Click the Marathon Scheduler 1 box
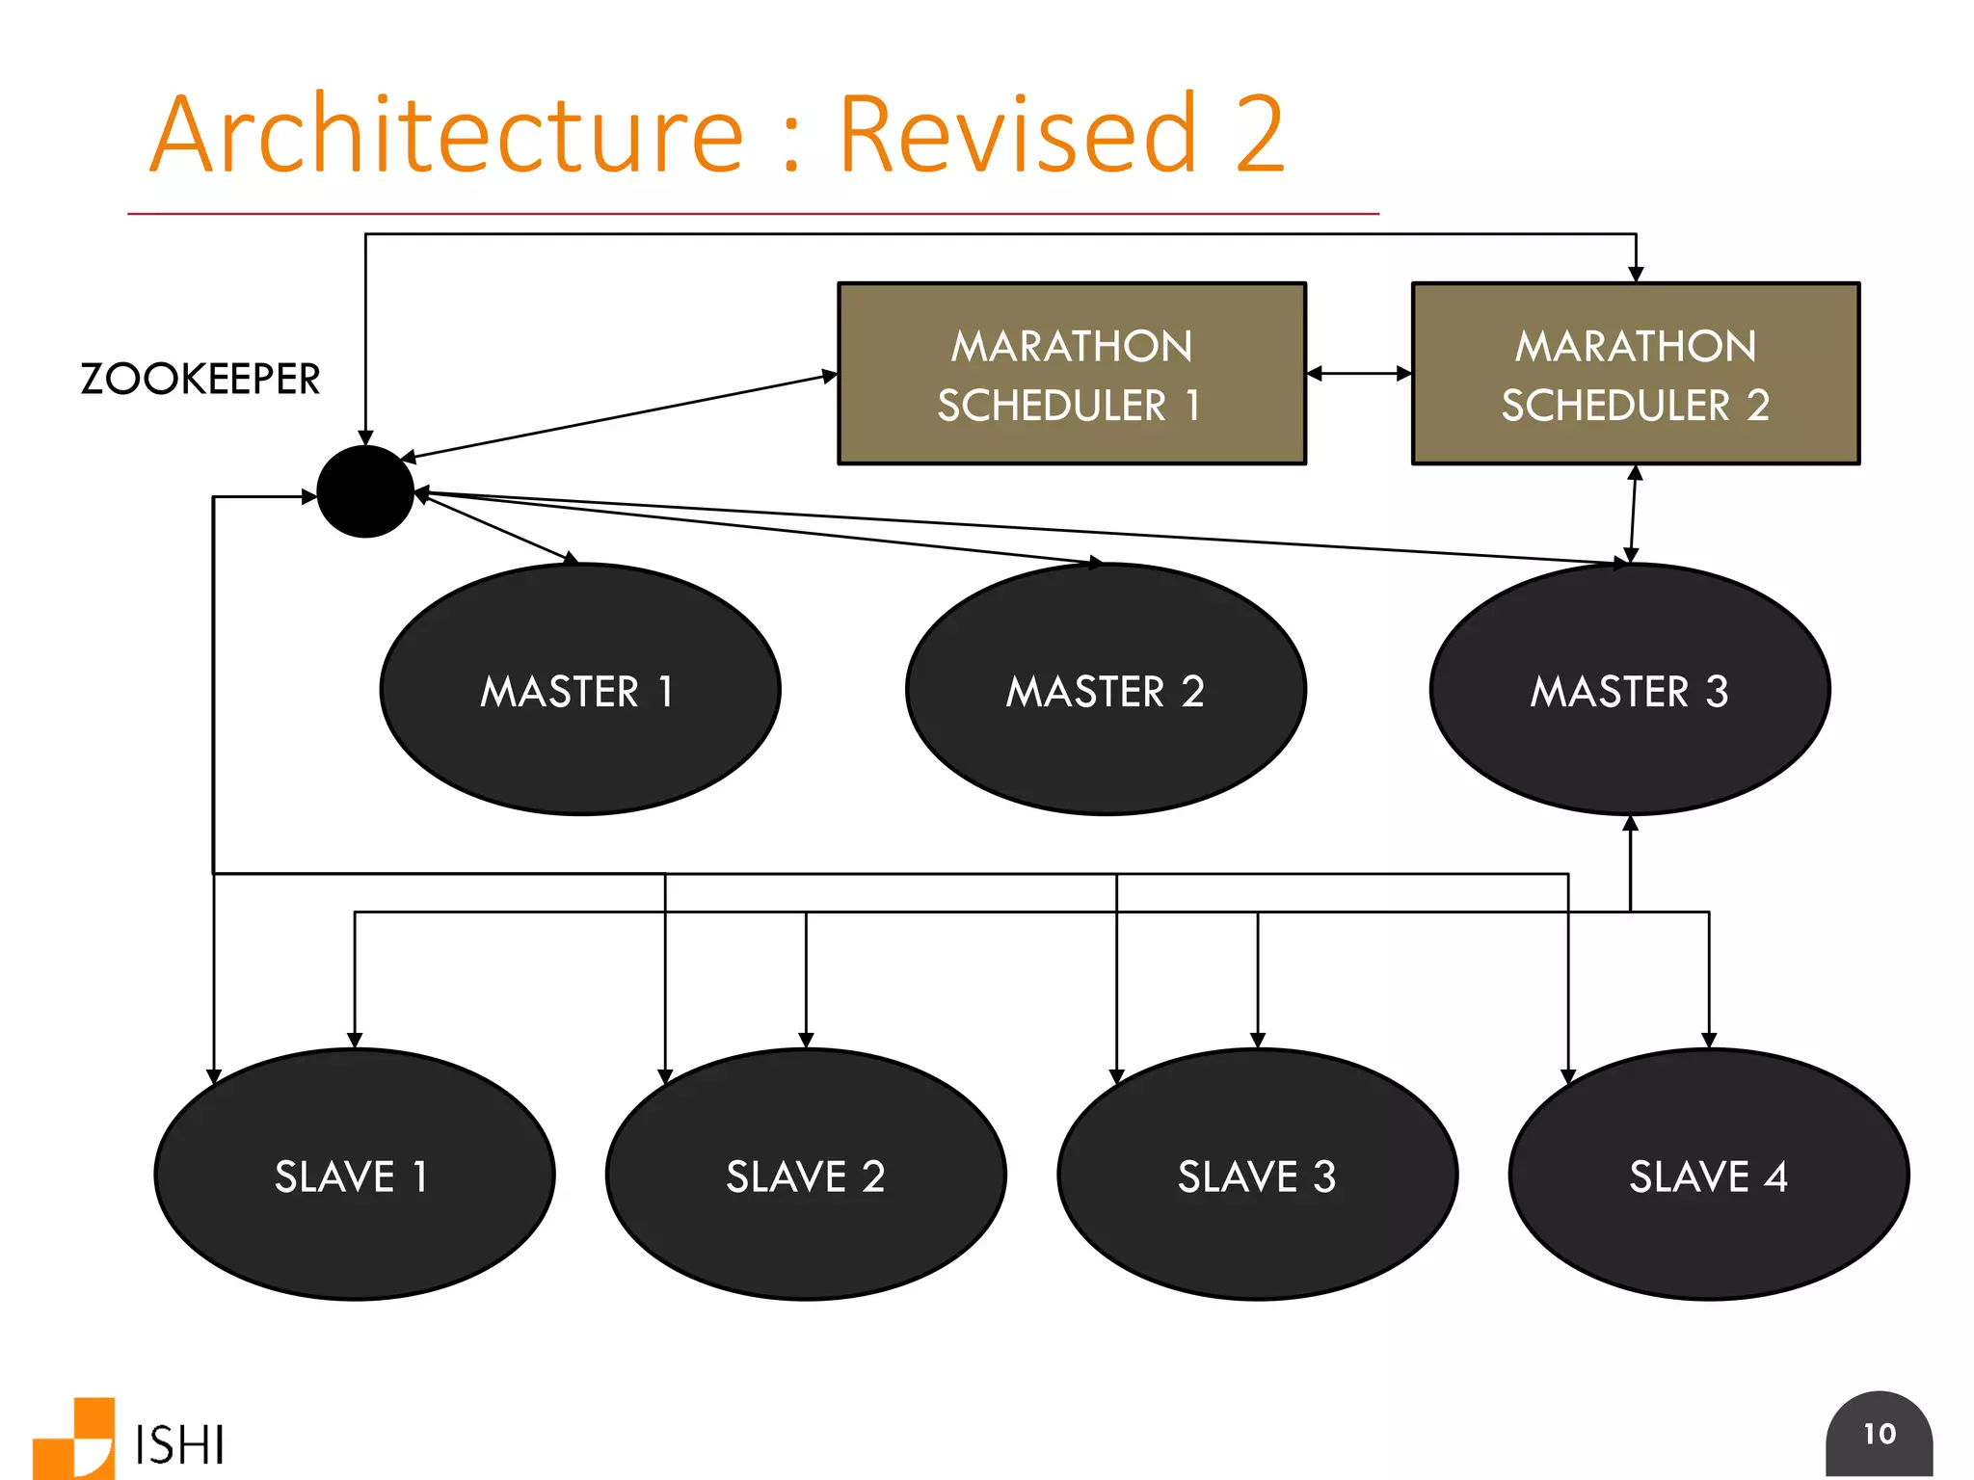tap(1071, 374)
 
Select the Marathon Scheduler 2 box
tap(1635, 374)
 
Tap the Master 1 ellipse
tap(579, 690)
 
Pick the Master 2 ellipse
tap(1106, 690)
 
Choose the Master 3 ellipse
tap(1630, 690)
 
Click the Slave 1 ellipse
tap(354, 1175)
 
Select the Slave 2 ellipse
tap(806, 1175)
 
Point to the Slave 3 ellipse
tap(1257, 1175)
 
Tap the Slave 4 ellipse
tap(1708, 1175)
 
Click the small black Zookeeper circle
tap(365, 491)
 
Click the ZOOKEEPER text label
tap(200, 379)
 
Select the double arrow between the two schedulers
tap(1359, 373)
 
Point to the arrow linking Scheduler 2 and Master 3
tap(1633, 515)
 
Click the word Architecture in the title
tap(446, 135)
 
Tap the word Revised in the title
tap(1018, 135)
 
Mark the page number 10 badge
tap(1879, 1434)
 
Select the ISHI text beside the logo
tap(180, 1444)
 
